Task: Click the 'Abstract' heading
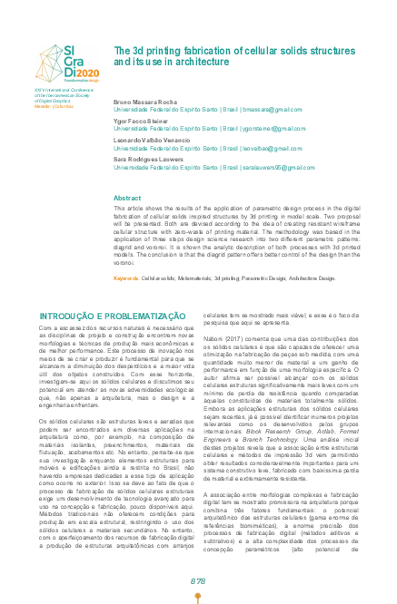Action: (126, 197)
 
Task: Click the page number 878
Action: (198, 581)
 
